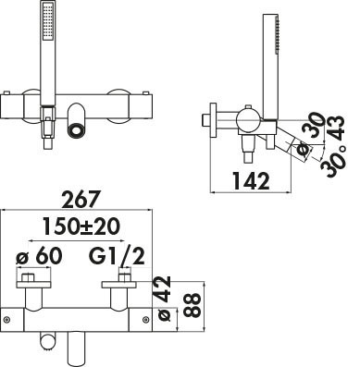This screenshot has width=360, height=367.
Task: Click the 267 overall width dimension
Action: click(x=81, y=200)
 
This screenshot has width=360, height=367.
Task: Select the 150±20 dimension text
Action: click(x=81, y=226)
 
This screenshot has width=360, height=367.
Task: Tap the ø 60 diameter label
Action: click(x=39, y=256)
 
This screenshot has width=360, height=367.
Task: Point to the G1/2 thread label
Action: click(x=117, y=256)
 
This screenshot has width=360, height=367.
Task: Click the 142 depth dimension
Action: click(x=251, y=180)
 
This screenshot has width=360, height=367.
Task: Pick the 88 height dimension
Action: click(x=192, y=305)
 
